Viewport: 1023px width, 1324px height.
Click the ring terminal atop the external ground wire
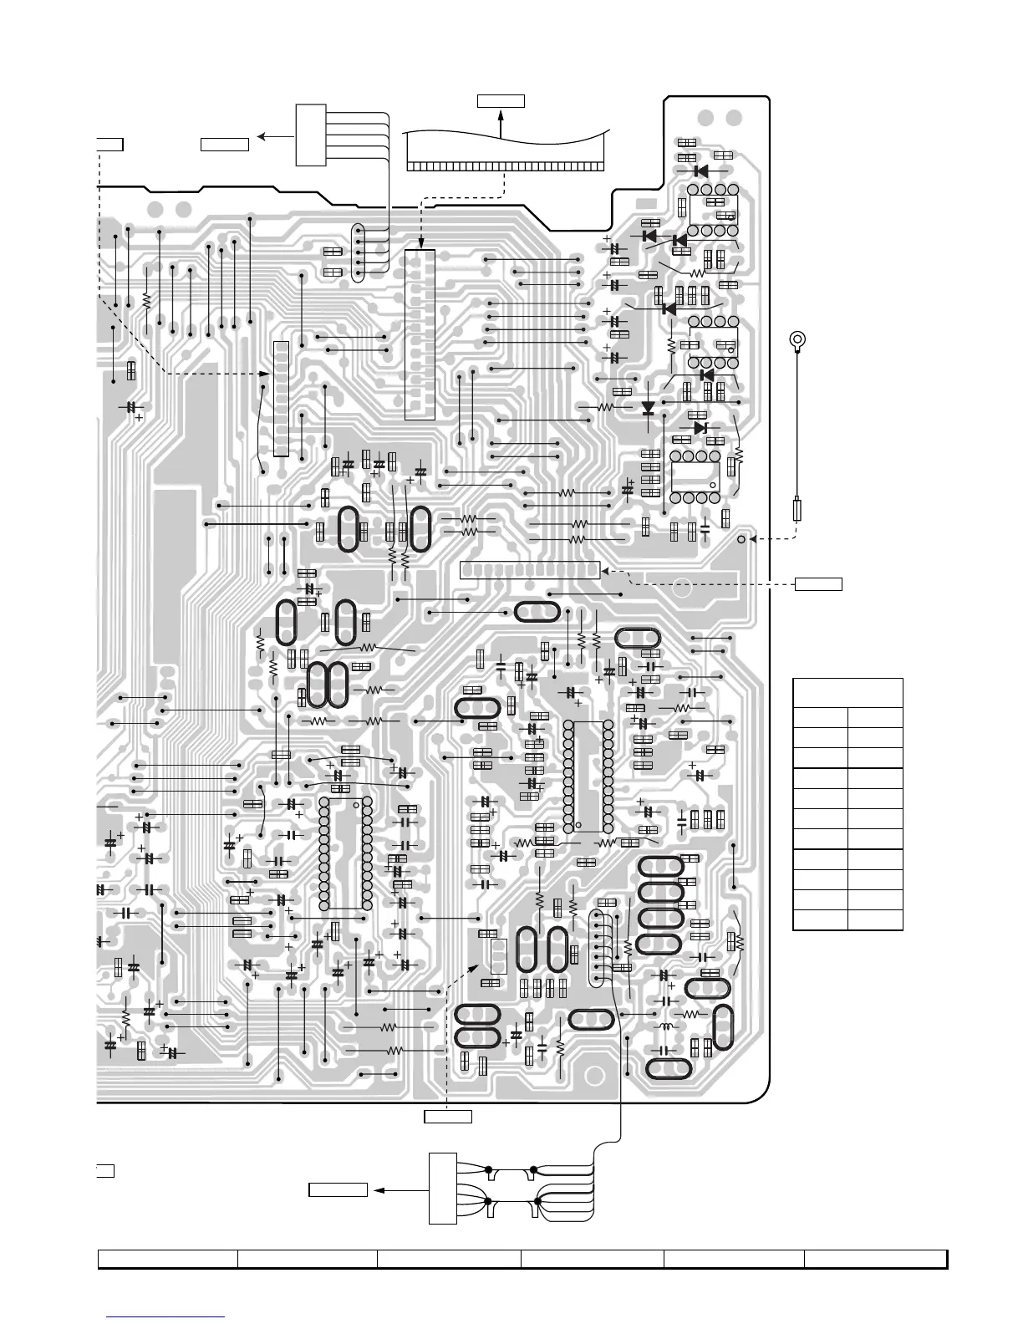[798, 340]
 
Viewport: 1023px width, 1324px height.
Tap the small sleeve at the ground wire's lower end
[799, 509]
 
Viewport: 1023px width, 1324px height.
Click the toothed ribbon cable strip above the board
[506, 165]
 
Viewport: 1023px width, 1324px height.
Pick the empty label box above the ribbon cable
[501, 102]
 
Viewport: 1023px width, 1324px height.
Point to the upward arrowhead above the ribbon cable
[501, 118]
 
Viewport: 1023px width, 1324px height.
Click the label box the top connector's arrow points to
[225, 144]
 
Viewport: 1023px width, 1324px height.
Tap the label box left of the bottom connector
[338, 1189]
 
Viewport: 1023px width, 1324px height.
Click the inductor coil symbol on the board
[668, 1026]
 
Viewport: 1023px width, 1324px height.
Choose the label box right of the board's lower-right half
[817, 583]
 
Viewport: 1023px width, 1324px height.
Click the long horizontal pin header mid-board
[531, 570]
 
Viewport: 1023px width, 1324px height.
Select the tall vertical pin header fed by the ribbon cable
[420, 334]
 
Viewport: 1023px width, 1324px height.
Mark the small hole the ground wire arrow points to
[741, 539]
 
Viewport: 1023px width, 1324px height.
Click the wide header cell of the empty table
[847, 693]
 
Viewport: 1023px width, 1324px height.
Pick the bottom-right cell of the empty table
[875, 920]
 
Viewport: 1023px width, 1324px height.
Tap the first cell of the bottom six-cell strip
[168, 1259]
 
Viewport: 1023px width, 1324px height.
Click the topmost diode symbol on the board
[700, 171]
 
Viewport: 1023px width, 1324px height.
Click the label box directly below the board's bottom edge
[448, 1116]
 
